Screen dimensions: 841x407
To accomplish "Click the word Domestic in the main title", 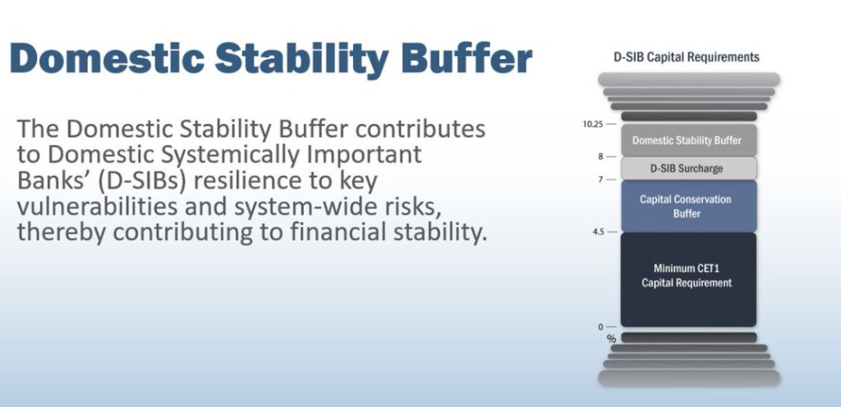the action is pos(108,58).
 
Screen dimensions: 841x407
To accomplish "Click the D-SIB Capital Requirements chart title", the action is pos(687,57).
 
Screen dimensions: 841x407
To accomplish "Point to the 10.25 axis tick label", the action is pos(593,124).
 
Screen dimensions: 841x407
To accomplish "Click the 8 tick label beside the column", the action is pos(600,157).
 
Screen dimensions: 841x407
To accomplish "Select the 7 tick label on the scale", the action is pos(600,180).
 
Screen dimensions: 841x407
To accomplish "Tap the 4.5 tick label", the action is pos(598,232).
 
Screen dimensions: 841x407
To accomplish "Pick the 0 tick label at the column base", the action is pos(600,327).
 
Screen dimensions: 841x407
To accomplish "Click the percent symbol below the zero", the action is pos(611,338).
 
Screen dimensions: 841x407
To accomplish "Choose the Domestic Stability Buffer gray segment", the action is pos(689,140).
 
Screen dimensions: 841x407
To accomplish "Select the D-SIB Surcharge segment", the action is pos(689,168).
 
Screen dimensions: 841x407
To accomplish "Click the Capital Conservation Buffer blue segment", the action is pos(689,206).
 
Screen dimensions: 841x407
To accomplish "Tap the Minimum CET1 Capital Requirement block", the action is pos(689,280).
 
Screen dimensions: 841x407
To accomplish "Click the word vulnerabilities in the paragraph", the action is pos(99,208).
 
